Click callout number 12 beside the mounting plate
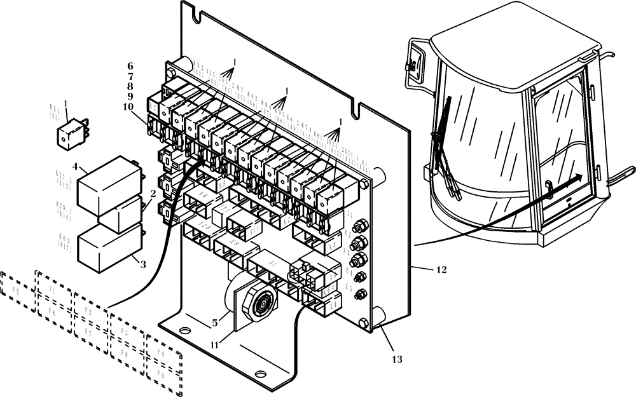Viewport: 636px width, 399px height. click(441, 270)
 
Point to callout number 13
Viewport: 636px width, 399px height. click(397, 359)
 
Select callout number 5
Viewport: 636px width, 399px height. click(215, 323)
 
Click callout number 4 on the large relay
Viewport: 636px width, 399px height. click(75, 167)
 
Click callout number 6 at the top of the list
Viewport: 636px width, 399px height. click(130, 66)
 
